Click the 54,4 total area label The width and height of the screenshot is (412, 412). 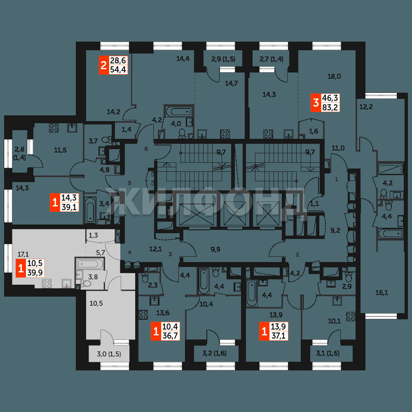click(x=118, y=70)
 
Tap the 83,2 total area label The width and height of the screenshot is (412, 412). click(x=330, y=107)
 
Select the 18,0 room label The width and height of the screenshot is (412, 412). click(x=334, y=77)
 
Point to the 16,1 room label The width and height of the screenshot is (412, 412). click(x=382, y=293)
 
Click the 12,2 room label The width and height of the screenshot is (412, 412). click(x=366, y=107)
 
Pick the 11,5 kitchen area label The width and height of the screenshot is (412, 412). click(x=60, y=150)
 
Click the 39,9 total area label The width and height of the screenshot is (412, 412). click(x=35, y=273)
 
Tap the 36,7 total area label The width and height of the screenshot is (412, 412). click(x=170, y=336)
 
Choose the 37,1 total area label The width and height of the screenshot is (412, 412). click(x=278, y=336)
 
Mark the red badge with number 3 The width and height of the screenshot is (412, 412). click(x=316, y=103)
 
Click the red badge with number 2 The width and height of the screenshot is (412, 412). click(x=104, y=65)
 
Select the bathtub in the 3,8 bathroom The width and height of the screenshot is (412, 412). click(x=90, y=264)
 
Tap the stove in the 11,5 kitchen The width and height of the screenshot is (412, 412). click(x=54, y=128)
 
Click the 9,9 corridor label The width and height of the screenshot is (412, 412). click(x=215, y=249)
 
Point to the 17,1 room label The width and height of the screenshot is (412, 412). click(x=23, y=254)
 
